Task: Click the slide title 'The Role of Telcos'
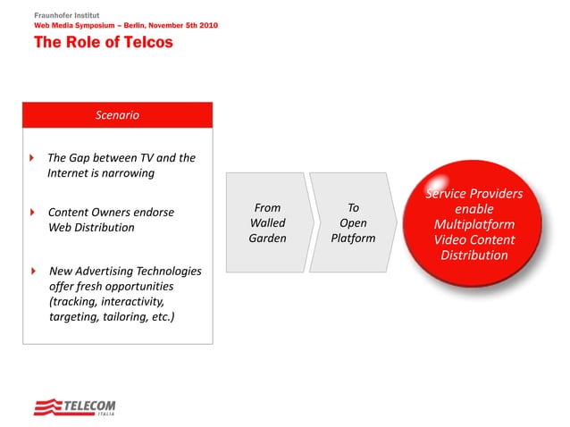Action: [104, 43]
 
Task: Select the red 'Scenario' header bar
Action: [117, 115]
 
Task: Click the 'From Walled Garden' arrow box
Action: [266, 223]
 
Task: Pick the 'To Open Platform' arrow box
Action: [352, 223]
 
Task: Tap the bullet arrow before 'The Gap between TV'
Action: [33, 158]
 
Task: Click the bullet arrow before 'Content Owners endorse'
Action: [33, 213]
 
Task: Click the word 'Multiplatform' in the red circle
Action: [474, 224]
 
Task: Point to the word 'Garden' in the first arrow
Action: [268, 239]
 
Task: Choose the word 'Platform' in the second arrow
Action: [353, 239]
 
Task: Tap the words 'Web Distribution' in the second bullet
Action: [90, 228]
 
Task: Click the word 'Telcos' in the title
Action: [144, 43]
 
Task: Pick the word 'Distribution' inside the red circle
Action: [474, 255]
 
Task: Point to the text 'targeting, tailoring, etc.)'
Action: [111, 316]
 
